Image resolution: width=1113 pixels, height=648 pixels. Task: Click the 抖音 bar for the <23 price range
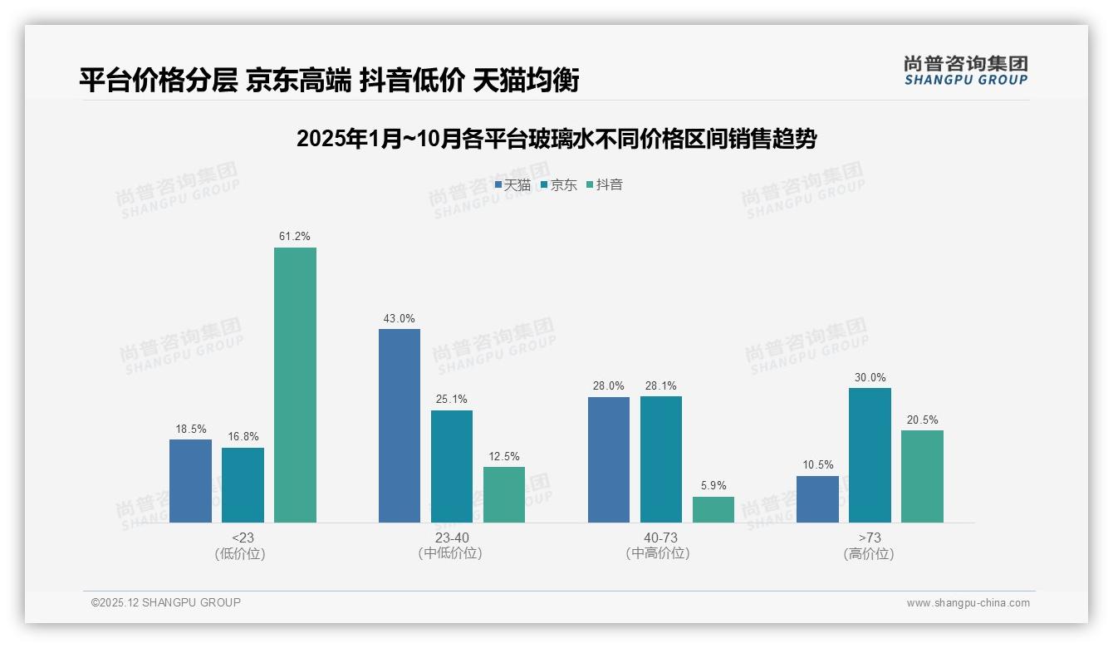(x=295, y=385)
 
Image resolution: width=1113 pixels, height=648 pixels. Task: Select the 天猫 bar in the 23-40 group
(x=400, y=425)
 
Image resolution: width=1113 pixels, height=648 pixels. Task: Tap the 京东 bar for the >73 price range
(x=870, y=455)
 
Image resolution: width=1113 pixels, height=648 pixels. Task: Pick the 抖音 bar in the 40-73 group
(x=713, y=509)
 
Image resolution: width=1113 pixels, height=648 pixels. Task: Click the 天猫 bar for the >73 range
(x=817, y=498)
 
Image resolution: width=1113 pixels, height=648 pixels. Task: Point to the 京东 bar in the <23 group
(x=243, y=485)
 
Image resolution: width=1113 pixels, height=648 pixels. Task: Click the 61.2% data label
(x=295, y=237)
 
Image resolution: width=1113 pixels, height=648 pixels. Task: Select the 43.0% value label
(x=400, y=318)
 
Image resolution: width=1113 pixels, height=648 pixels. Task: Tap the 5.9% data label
(x=713, y=486)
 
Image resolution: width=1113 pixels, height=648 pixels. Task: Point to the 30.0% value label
(x=870, y=377)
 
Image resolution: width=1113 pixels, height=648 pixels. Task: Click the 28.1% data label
(x=661, y=385)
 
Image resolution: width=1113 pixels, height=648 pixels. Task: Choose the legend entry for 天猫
(x=512, y=185)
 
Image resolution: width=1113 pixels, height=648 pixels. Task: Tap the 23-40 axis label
(x=452, y=538)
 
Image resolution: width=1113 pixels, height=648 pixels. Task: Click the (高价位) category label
(x=869, y=553)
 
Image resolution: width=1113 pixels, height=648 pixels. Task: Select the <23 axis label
(x=243, y=538)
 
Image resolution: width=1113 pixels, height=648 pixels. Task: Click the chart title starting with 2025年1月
(x=556, y=139)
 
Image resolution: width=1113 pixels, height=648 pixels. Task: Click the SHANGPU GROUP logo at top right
(x=966, y=71)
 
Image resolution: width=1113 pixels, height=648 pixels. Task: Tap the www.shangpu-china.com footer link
(x=968, y=603)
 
